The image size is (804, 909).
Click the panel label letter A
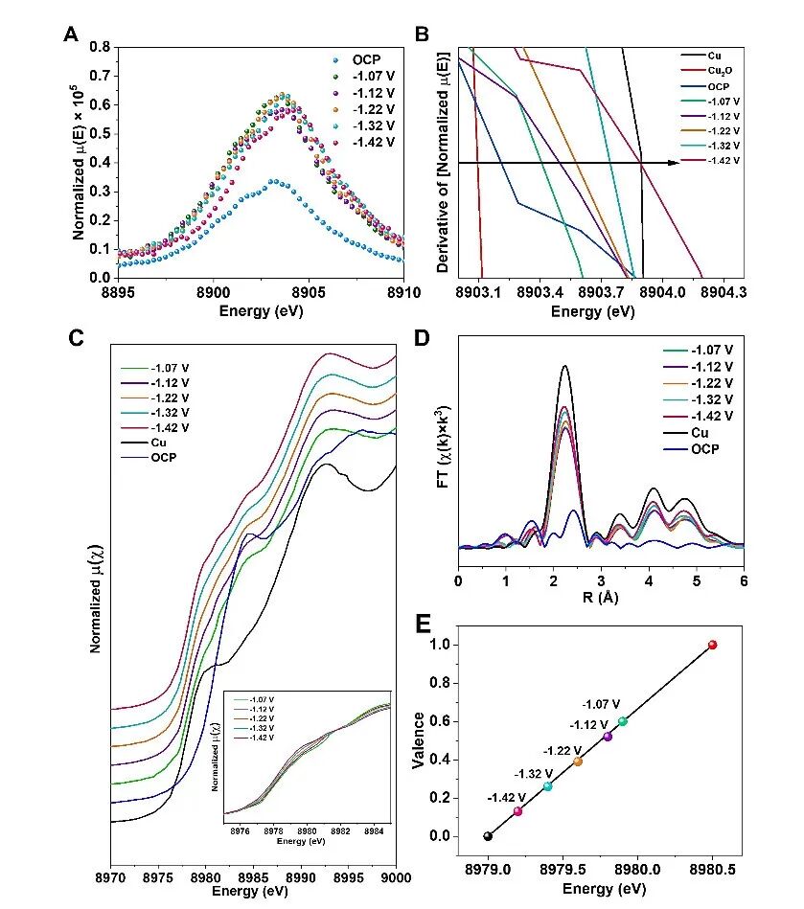coord(70,34)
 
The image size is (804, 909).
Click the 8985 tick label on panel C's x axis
coord(253,876)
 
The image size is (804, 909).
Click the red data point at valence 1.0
coord(712,645)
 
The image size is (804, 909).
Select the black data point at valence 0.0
coord(488,836)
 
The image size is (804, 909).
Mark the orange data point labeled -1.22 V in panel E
coord(578,761)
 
